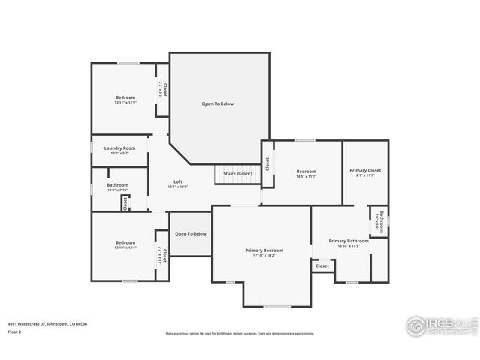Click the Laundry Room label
click(x=119, y=148)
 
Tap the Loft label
click(x=178, y=181)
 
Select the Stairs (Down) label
click(x=238, y=174)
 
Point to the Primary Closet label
click(x=365, y=171)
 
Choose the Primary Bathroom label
click(x=349, y=241)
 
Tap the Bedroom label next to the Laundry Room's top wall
click(x=125, y=97)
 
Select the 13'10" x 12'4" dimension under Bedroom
click(x=125, y=247)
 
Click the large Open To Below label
click(x=217, y=103)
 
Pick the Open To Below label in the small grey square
click(x=190, y=234)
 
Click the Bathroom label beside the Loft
click(x=117, y=185)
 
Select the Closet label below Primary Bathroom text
click(x=322, y=265)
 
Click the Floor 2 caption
click(x=13, y=331)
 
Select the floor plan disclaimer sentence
click(x=239, y=334)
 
